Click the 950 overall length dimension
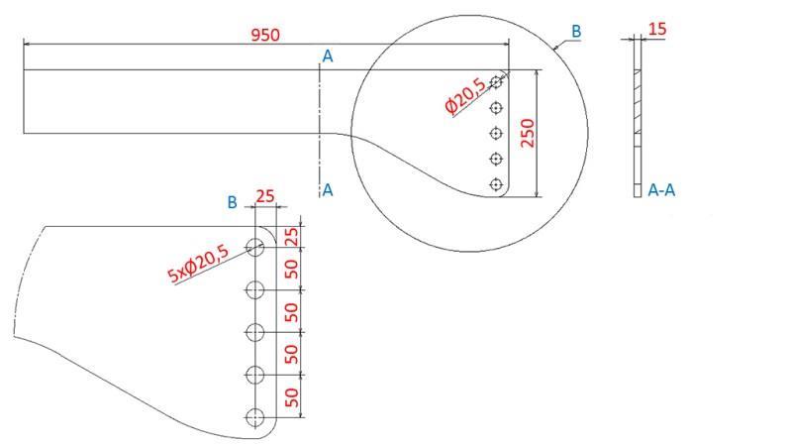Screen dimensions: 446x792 click(265, 35)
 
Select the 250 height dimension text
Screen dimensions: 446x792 click(528, 134)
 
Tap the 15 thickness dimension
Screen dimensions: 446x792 click(657, 30)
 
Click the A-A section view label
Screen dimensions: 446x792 click(663, 190)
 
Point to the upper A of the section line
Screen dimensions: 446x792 click(328, 57)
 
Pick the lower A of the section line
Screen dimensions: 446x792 click(328, 190)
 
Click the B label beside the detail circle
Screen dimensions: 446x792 click(576, 32)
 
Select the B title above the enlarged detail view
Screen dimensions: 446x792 click(232, 202)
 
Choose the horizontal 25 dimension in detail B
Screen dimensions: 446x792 click(265, 196)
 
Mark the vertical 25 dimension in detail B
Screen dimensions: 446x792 click(292, 237)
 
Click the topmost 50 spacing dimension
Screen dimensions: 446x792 click(292, 270)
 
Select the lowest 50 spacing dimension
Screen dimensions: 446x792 click(292, 398)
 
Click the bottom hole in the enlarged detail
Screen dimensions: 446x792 click(255, 417)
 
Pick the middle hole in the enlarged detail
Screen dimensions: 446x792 click(255, 332)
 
